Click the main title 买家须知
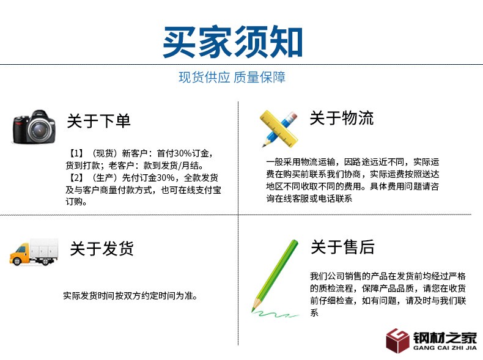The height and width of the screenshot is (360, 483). [x=232, y=42]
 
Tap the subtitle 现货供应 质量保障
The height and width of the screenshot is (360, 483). [x=232, y=78]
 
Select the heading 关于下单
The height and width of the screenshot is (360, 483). [x=98, y=120]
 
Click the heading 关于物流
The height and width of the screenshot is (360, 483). [x=341, y=118]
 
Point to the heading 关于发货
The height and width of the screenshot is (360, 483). [x=101, y=249]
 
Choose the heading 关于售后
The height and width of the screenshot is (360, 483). [x=342, y=247]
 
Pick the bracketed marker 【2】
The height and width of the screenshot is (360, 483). [x=76, y=178]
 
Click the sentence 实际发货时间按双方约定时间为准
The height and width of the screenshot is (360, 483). [x=130, y=296]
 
